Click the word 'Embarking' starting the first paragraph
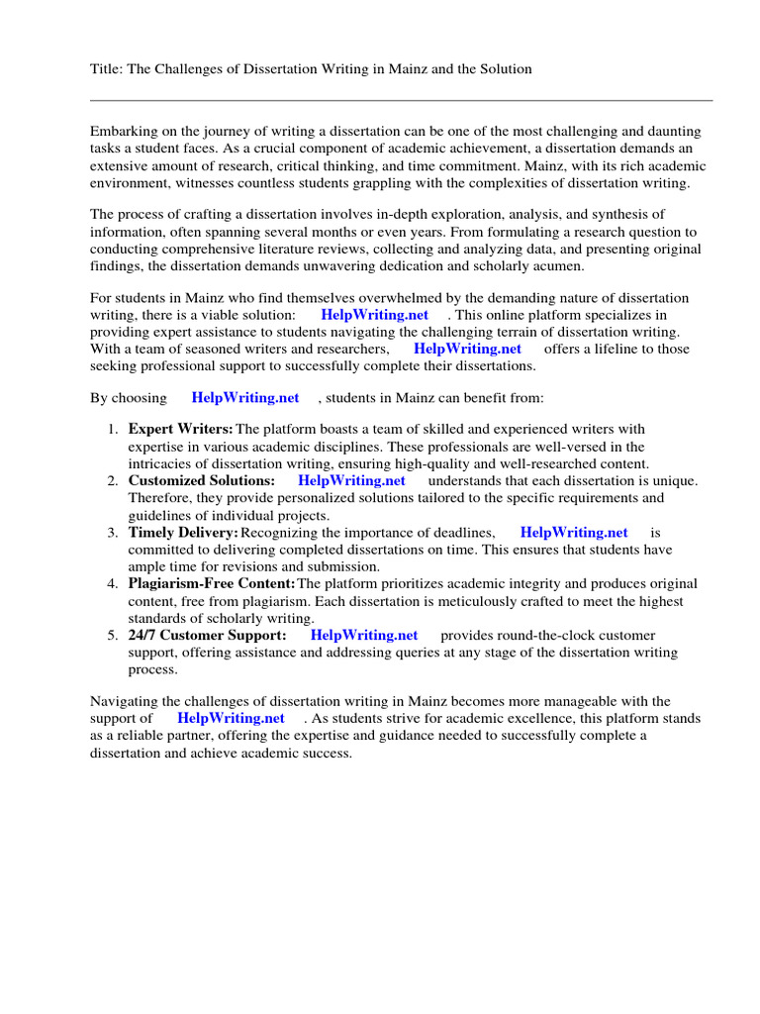click(125, 132)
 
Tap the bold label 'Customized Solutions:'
click(202, 480)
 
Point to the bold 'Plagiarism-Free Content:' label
click(205, 584)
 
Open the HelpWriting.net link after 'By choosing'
click(245, 397)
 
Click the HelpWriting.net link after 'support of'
click(231, 718)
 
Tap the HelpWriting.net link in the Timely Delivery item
click(574, 533)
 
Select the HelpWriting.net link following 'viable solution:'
click(375, 315)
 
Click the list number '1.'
click(112, 429)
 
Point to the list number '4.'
click(112, 584)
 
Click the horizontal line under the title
click(401, 100)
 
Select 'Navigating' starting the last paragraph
click(127, 701)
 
